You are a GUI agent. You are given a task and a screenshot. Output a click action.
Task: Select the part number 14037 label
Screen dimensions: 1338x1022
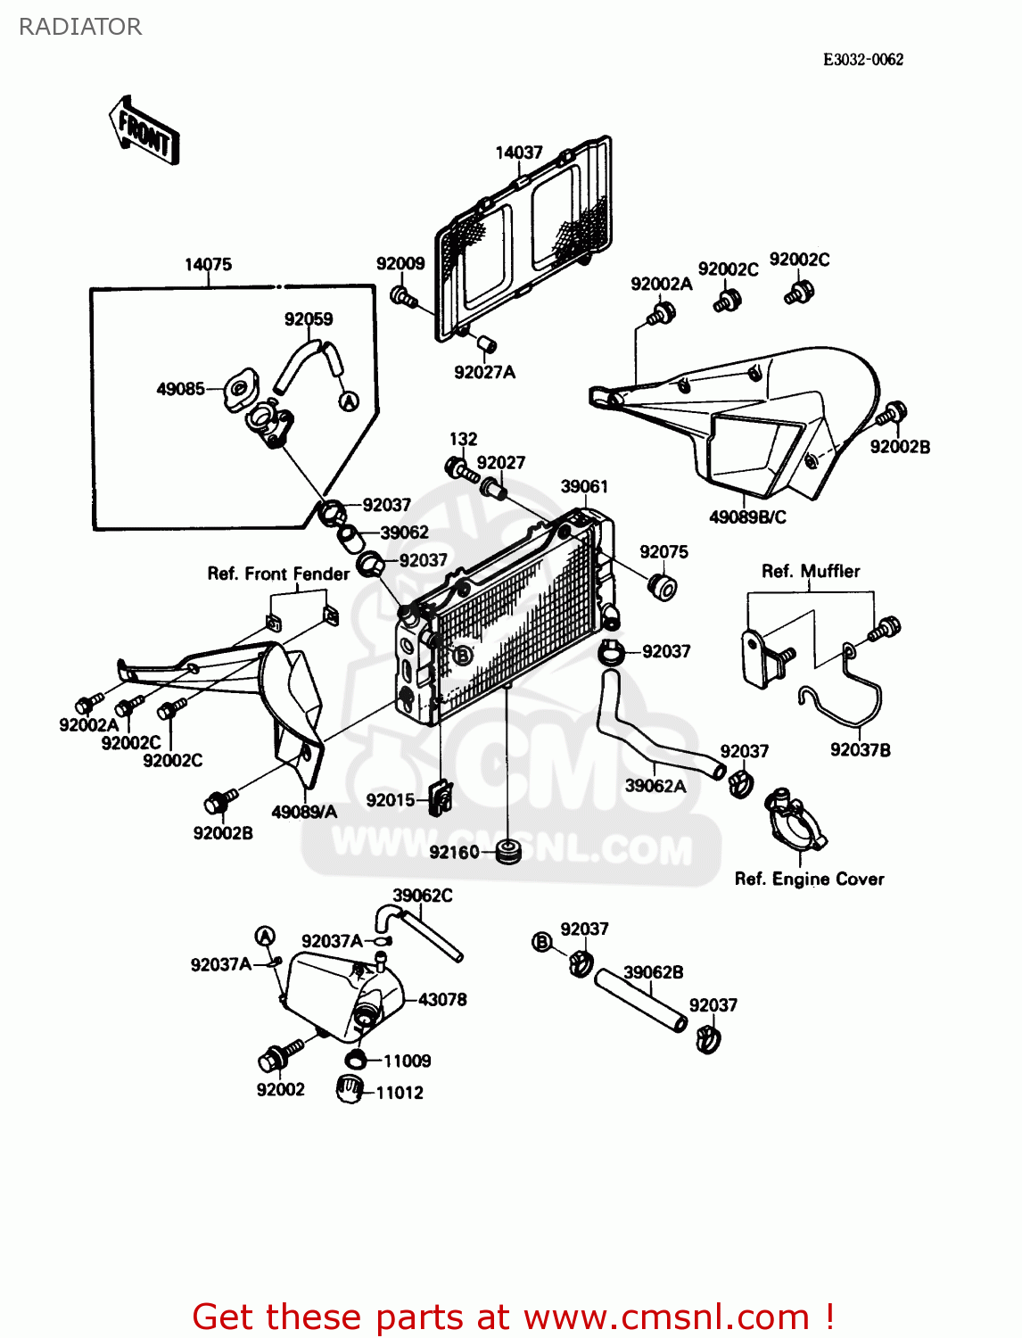(519, 153)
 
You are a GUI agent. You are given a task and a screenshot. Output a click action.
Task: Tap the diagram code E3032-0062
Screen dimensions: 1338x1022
(862, 60)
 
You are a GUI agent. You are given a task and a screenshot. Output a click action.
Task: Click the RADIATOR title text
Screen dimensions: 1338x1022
(80, 27)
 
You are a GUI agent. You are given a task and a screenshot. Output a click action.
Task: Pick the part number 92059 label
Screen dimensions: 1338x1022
(309, 319)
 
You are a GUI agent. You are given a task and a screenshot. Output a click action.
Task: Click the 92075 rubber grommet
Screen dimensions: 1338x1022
(663, 588)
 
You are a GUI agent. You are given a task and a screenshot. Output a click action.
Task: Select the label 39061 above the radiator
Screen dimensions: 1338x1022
(584, 486)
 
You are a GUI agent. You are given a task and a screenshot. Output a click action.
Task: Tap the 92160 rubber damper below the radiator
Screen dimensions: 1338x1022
(509, 851)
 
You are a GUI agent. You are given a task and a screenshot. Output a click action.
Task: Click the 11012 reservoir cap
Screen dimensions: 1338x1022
(350, 1089)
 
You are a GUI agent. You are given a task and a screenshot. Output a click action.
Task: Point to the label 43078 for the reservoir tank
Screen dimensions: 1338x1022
(442, 1000)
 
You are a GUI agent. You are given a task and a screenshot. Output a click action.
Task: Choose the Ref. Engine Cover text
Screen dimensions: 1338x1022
(809, 880)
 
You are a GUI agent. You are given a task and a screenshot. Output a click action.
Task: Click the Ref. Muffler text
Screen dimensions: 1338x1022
(811, 572)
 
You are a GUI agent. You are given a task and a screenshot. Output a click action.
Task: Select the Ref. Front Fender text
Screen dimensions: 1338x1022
(278, 574)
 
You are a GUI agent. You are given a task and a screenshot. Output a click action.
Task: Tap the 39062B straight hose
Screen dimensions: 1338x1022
(639, 1000)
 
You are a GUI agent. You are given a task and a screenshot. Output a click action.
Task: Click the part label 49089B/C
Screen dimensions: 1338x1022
(747, 517)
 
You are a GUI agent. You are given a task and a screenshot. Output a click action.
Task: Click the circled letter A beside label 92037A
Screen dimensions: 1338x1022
(265, 936)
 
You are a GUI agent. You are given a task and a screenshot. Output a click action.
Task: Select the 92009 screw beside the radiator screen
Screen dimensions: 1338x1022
(403, 296)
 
